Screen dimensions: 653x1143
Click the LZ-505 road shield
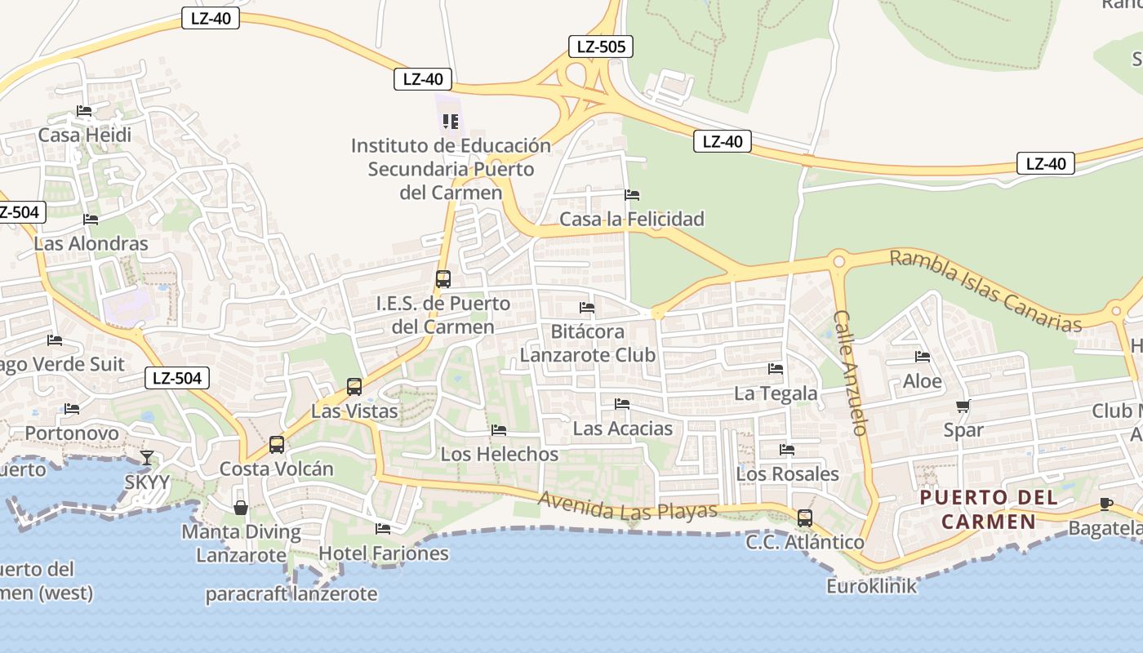pos(601,47)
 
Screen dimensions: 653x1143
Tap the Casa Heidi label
pos(85,135)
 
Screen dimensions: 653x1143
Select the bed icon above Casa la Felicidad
pos(632,195)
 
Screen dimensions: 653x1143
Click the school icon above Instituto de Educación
pos(450,122)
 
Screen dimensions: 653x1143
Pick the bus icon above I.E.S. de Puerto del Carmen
pos(443,279)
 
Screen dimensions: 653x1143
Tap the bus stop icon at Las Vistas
pos(354,387)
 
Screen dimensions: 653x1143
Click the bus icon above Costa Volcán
pos(277,445)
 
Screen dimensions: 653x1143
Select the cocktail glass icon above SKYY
pos(147,458)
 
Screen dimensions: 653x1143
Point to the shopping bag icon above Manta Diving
pos(241,508)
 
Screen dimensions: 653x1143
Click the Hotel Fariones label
pos(384,553)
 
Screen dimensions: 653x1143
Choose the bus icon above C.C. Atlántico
pos(805,518)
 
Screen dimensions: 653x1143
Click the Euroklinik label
pos(872,586)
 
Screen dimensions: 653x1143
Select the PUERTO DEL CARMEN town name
pos(989,509)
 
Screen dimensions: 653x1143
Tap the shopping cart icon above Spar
pos(963,406)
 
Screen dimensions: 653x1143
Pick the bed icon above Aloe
pos(923,357)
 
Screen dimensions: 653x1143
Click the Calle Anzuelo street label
pos(851,373)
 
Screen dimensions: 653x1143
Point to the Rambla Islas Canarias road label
pos(985,291)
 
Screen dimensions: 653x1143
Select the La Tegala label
pos(776,393)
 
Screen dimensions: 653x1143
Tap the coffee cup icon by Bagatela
pos(1105,504)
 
